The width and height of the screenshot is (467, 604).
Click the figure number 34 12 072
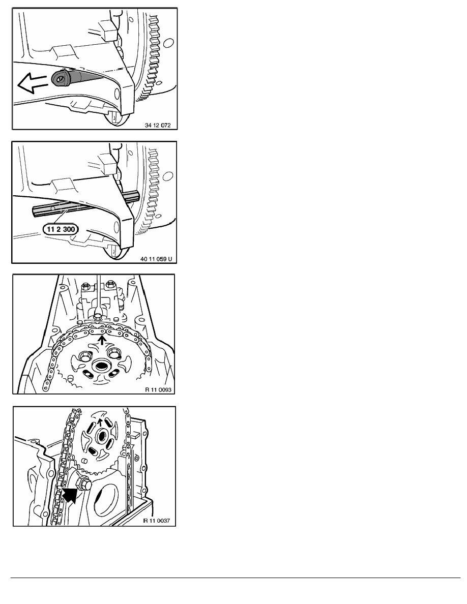click(158, 125)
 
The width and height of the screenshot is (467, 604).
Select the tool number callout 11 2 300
click(61, 229)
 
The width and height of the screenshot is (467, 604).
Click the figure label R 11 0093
click(158, 389)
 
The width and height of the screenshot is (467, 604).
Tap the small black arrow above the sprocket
click(102, 339)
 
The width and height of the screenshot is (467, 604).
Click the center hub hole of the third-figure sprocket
click(101, 366)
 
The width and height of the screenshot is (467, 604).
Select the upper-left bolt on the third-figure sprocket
click(84, 354)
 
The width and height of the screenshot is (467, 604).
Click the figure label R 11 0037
click(157, 521)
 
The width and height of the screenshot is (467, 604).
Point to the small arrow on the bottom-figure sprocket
click(100, 422)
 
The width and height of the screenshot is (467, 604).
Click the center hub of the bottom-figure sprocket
click(102, 436)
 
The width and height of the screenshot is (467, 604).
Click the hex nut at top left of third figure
click(86, 286)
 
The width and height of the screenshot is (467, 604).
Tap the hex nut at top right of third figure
click(111, 285)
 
